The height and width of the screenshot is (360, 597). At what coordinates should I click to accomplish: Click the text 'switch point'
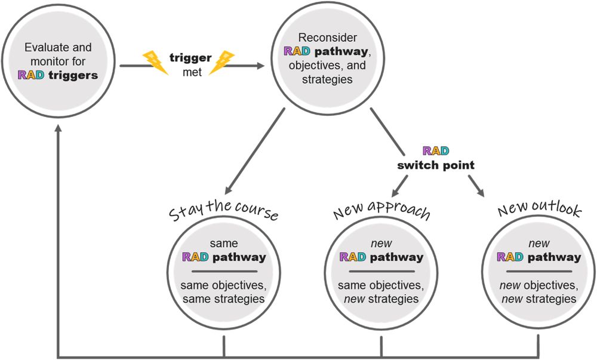[x=436, y=165]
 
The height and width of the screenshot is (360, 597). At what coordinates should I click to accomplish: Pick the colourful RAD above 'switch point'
[x=436, y=151]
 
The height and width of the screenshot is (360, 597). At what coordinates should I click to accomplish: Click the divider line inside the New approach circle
[x=381, y=272]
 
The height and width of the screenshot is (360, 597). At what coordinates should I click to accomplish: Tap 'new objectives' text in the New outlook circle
[x=538, y=284]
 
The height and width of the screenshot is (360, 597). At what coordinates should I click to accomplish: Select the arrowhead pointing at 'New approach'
[x=396, y=193]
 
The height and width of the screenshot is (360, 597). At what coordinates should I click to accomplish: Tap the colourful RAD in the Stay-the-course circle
[x=195, y=257]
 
